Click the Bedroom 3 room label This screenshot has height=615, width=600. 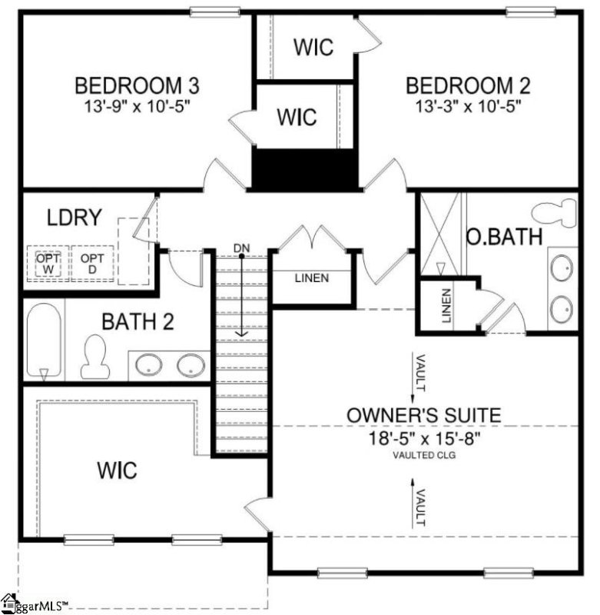(137, 85)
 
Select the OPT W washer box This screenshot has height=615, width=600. (48, 264)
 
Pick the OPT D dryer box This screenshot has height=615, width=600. (92, 264)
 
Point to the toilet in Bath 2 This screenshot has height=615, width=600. (94, 356)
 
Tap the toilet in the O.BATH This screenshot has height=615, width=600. (554, 212)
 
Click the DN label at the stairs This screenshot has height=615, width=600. (241, 248)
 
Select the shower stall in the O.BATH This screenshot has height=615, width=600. (440, 234)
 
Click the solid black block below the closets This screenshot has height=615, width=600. (304, 169)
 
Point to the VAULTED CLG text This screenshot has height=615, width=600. (424, 455)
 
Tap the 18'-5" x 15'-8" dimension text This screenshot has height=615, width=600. (424, 438)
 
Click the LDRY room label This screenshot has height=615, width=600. (75, 218)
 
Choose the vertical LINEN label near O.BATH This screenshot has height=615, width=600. (446, 305)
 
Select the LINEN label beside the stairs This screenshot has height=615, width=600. (312, 278)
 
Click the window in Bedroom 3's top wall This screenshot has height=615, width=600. (215, 12)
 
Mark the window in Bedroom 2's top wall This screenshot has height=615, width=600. (531, 12)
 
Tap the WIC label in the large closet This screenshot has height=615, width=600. (118, 470)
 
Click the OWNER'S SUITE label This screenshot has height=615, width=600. (424, 415)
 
